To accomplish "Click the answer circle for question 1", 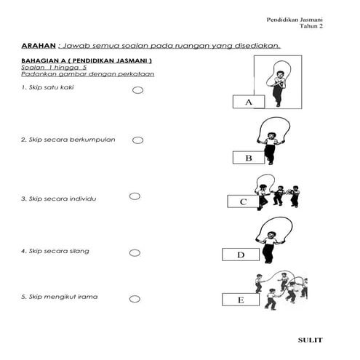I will (137, 91).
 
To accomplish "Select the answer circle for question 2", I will (137, 140).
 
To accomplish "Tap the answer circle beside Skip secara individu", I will (135, 196).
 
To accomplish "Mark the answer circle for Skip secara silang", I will (135, 253).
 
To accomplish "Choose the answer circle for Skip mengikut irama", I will (135, 299).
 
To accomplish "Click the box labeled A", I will (249, 103).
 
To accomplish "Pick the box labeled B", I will (249, 158).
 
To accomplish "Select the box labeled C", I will (243, 202).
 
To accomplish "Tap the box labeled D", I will (240, 255).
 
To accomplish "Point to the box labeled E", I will (239, 300).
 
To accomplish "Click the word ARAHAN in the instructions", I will (36, 45).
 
